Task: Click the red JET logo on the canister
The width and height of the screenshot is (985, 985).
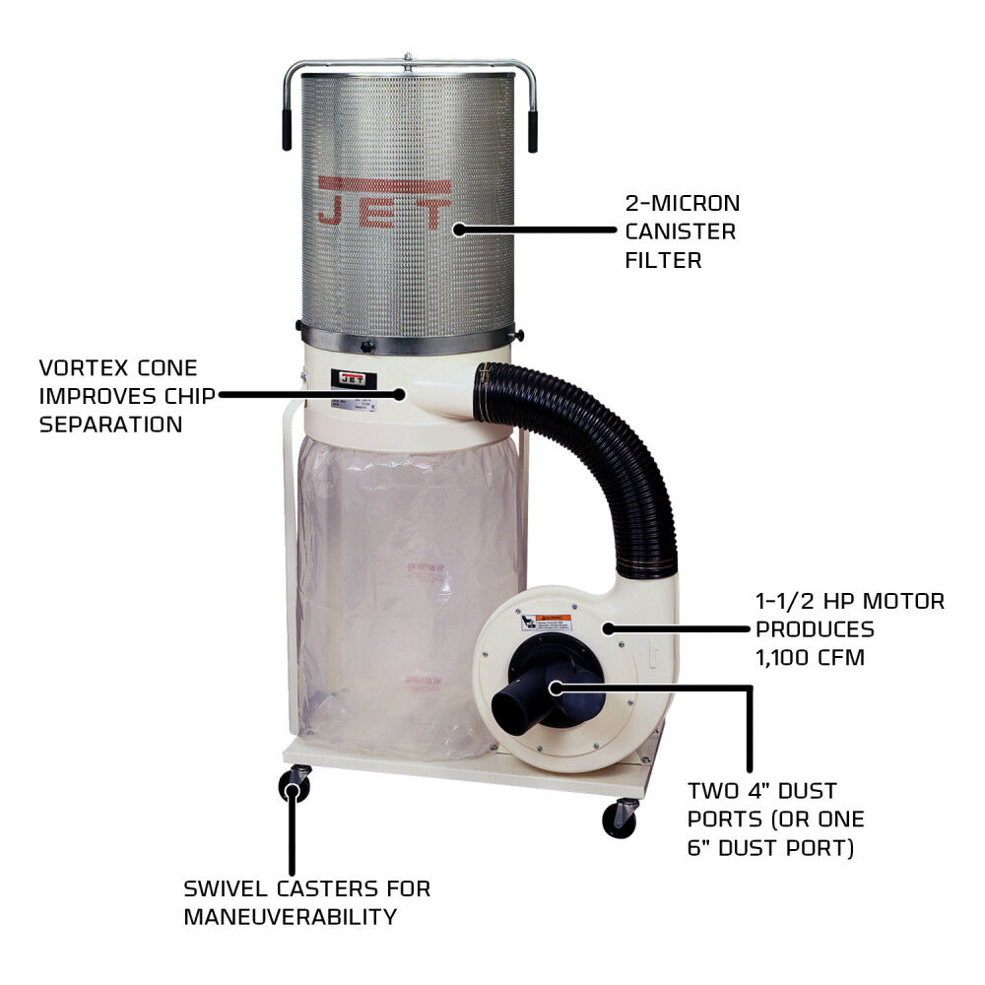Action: click(x=385, y=203)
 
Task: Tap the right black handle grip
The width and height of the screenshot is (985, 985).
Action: click(x=533, y=131)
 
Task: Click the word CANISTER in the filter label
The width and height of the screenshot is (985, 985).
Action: click(x=680, y=232)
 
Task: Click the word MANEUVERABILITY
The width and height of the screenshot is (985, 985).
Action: click(x=291, y=916)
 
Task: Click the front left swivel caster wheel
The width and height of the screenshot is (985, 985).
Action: click(x=293, y=788)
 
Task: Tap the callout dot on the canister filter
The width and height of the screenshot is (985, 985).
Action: click(x=459, y=230)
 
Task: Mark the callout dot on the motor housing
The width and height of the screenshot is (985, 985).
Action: click(x=608, y=627)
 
